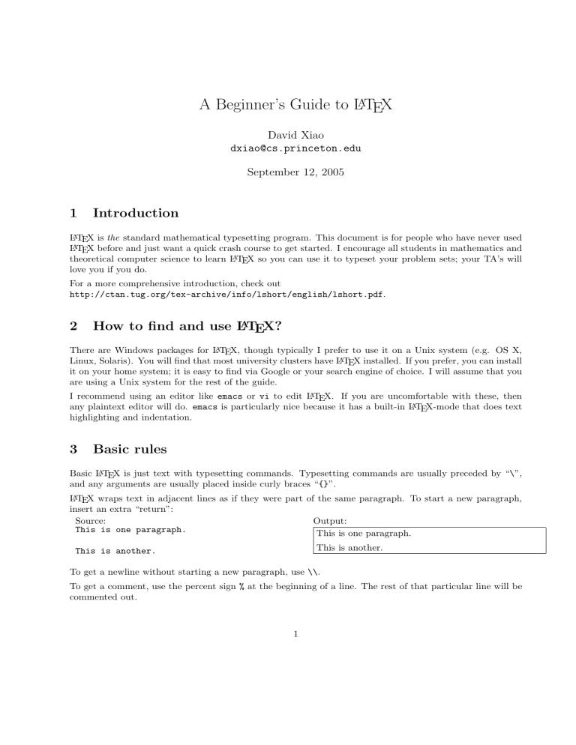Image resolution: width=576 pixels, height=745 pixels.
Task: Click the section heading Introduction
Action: click(x=135, y=214)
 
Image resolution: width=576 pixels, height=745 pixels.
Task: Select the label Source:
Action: click(x=90, y=519)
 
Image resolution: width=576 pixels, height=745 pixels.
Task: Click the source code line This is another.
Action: click(x=115, y=551)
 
